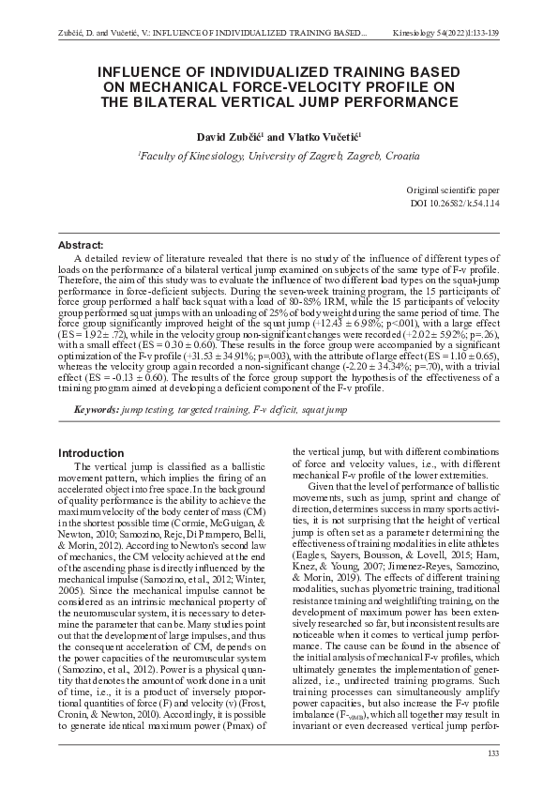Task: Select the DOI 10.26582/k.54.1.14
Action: tap(463, 202)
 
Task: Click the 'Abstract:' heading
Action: tap(81, 245)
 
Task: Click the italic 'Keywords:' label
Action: tap(97, 411)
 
